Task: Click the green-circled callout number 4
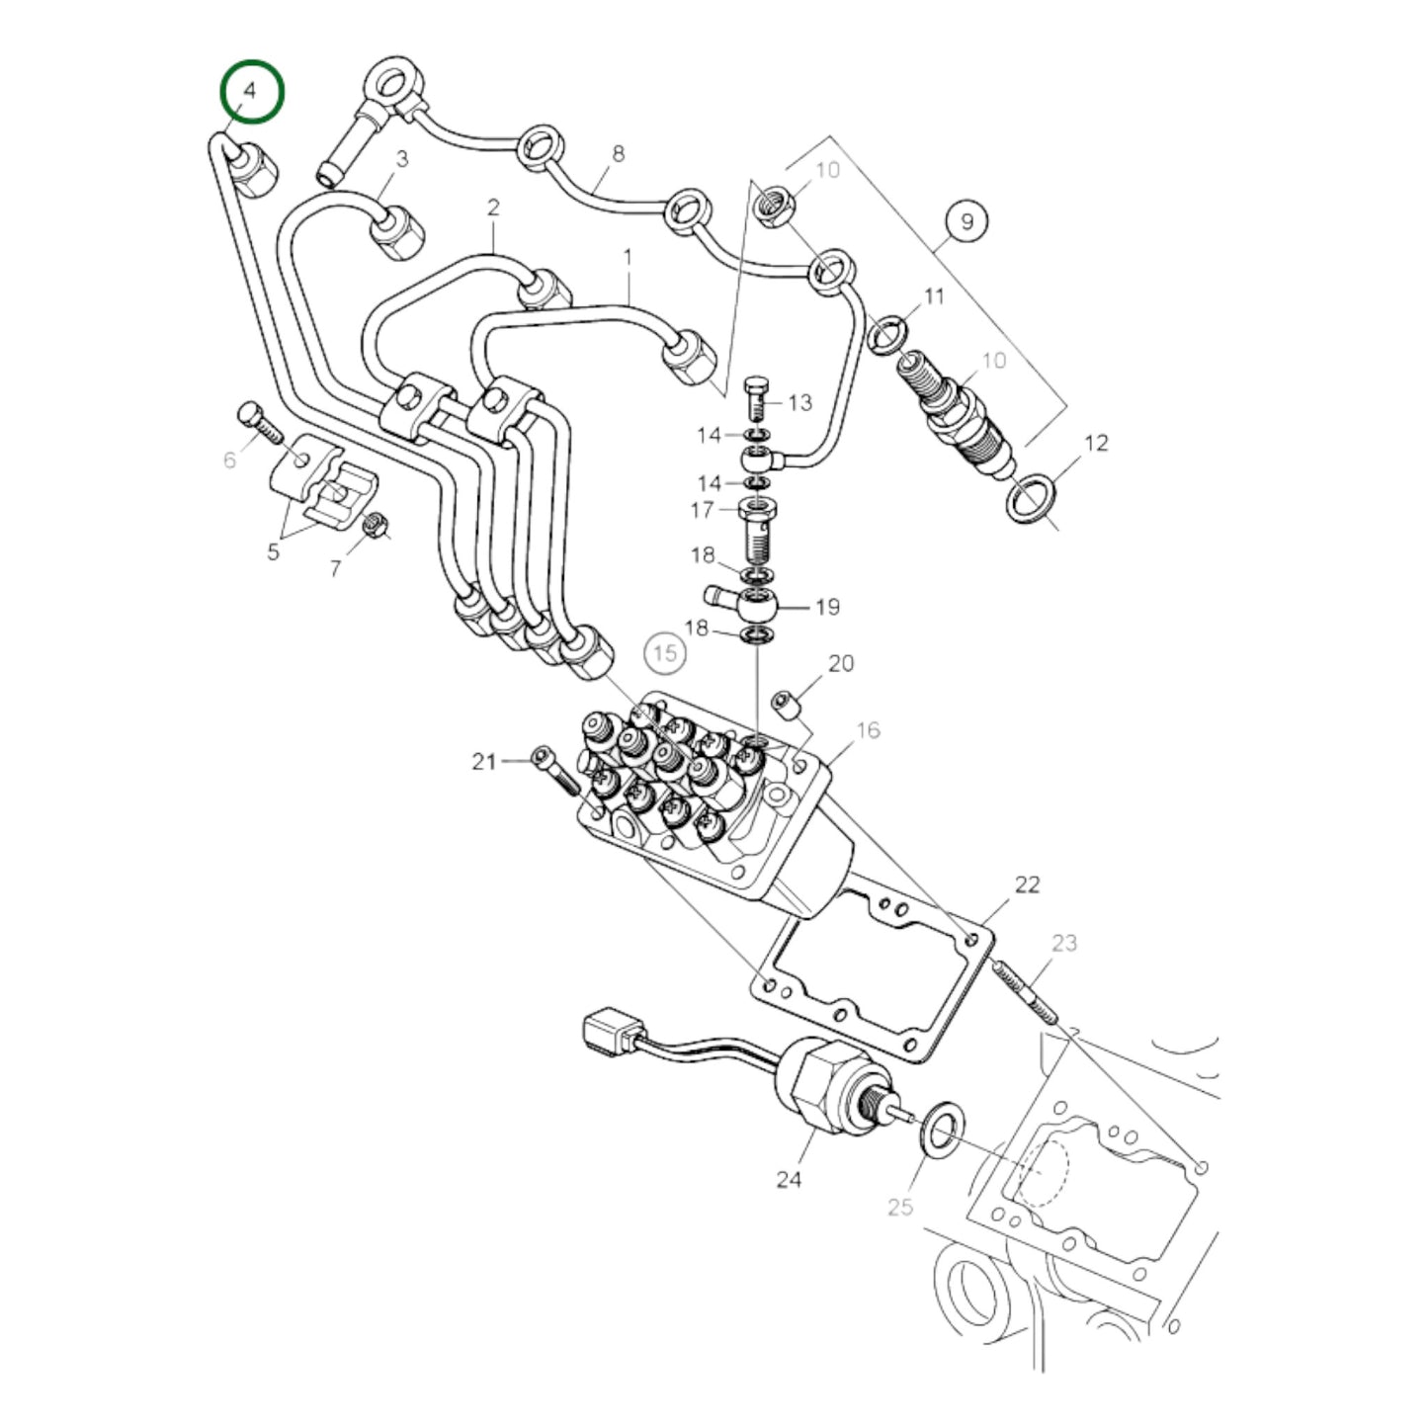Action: click(x=251, y=92)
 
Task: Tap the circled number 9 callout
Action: click(x=966, y=221)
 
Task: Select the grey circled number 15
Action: click(x=665, y=653)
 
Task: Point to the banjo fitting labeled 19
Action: click(x=751, y=605)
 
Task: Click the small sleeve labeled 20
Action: click(x=786, y=705)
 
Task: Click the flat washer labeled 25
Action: click(x=945, y=1125)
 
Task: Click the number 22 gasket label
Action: click(x=1027, y=884)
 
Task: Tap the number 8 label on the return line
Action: click(x=619, y=154)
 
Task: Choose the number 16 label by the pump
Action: click(x=867, y=730)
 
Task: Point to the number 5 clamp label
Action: click(x=274, y=551)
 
